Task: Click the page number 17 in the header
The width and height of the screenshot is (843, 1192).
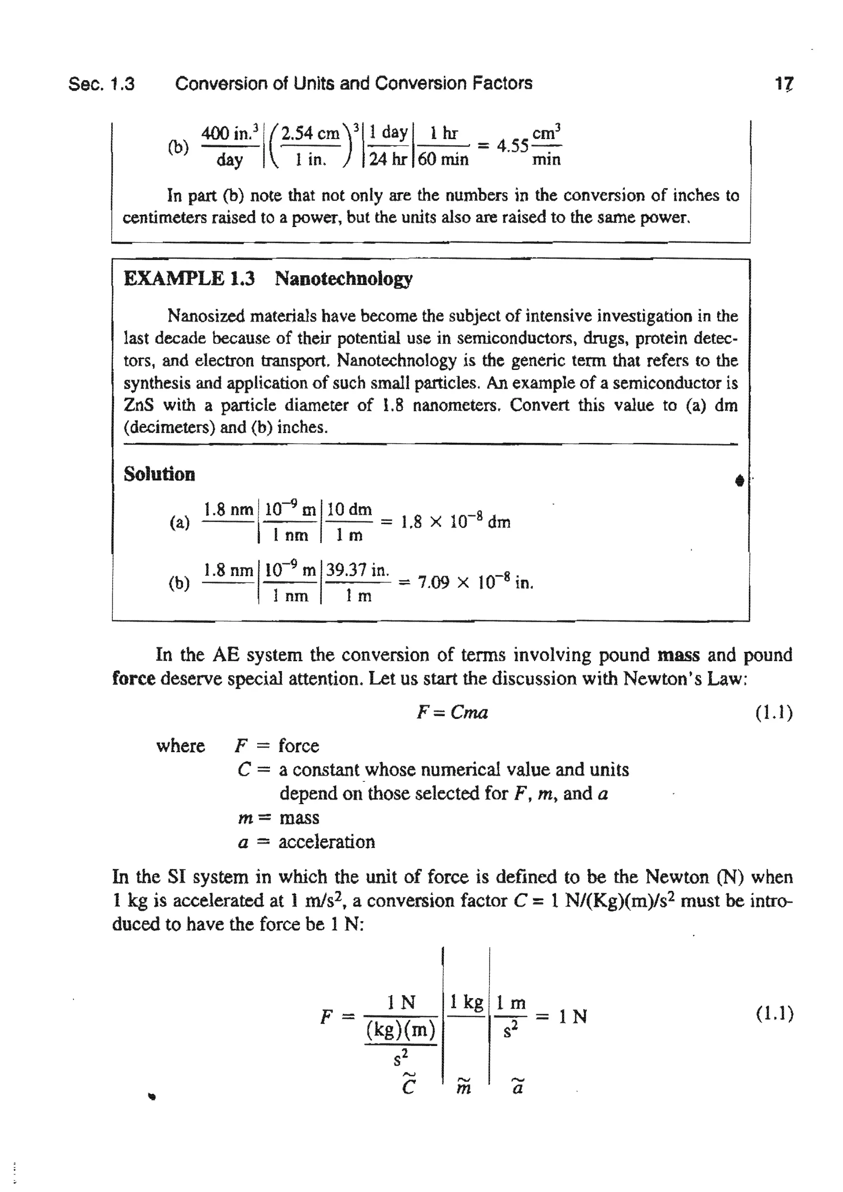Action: pos(784,84)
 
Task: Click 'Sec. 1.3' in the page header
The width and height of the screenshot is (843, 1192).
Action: pos(101,84)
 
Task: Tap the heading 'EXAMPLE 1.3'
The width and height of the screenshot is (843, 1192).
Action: pos(189,279)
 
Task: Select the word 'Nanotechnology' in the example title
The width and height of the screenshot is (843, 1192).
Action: pos(343,279)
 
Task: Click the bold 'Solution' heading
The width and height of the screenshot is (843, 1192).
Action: pos(159,474)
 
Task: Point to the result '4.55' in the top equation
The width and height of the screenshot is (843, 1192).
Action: pos(512,147)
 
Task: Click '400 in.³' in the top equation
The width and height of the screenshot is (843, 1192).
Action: pos(229,134)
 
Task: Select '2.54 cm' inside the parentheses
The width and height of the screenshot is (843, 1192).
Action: pos(310,134)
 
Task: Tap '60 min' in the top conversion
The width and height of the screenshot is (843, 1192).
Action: pos(443,159)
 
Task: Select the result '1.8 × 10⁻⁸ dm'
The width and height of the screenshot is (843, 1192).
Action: pos(456,522)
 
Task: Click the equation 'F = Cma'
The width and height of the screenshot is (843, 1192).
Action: pos(452,712)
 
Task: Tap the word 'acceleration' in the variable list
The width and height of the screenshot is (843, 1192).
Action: pos(326,842)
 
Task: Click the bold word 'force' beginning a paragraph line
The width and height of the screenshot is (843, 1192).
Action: pos(133,679)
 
